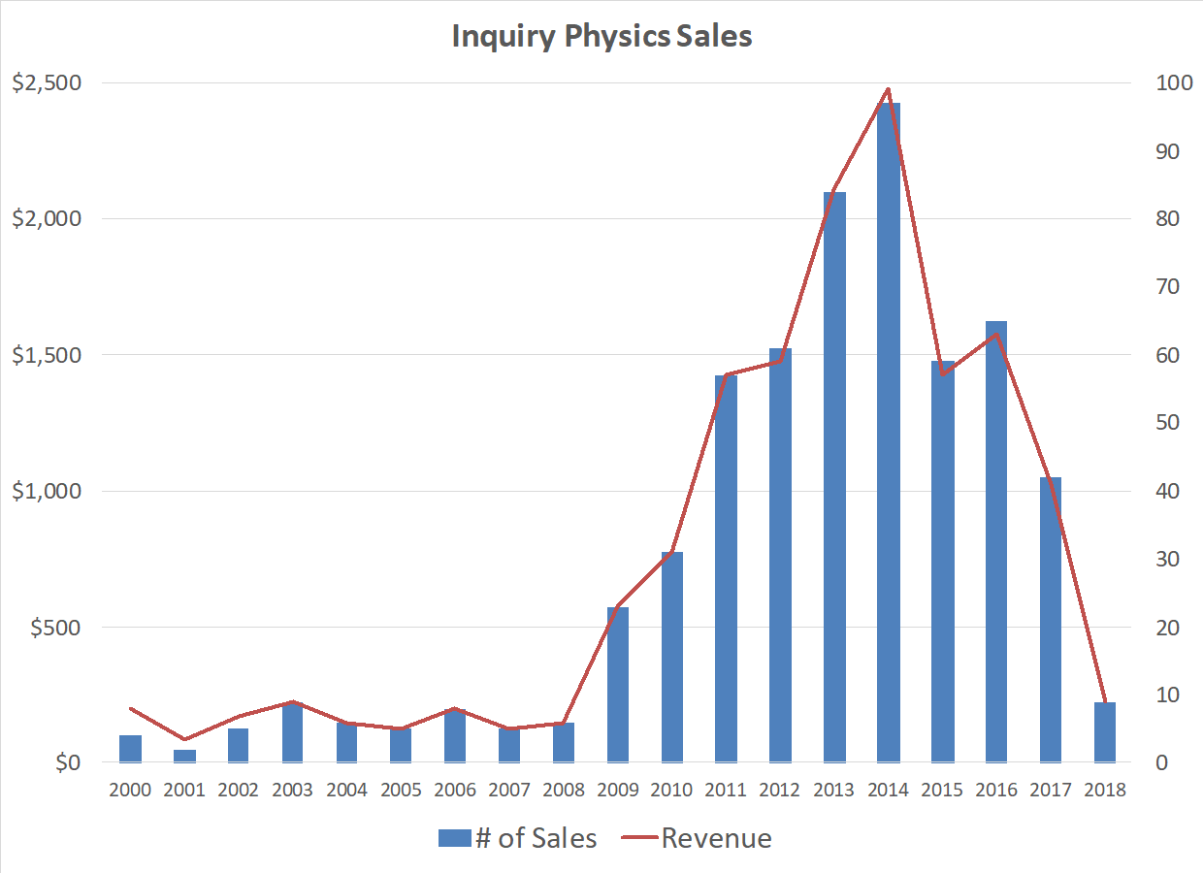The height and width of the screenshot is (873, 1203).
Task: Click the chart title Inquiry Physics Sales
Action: click(601, 37)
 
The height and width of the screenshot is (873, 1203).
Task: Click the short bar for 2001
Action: click(184, 756)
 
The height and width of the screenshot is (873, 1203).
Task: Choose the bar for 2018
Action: click(1104, 732)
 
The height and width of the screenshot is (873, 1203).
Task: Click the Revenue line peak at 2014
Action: click(888, 89)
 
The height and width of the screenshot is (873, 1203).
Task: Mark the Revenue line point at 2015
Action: click(942, 373)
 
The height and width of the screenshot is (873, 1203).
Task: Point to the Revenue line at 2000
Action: click(130, 708)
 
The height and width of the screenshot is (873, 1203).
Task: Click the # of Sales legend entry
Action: click(517, 838)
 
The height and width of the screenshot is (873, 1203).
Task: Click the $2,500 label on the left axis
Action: click(46, 82)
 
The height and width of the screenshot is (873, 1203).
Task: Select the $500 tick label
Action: click(56, 628)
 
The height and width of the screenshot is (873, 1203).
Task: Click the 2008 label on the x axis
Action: click(563, 790)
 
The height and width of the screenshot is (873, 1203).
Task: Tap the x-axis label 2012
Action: click(779, 790)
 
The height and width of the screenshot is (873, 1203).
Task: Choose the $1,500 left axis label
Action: click(46, 355)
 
